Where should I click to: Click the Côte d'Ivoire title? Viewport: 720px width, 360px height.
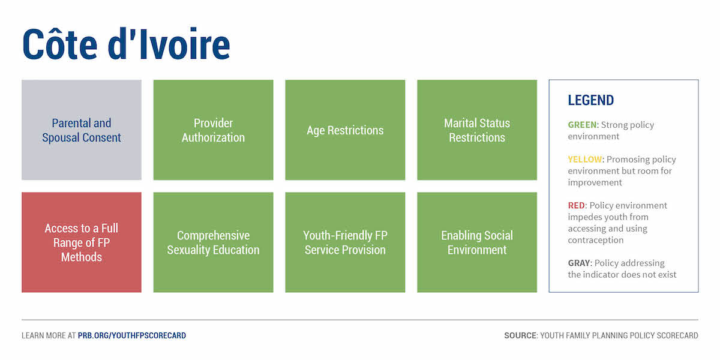127,44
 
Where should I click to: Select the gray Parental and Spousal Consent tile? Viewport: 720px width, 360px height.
82,130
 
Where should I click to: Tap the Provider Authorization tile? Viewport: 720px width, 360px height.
214,130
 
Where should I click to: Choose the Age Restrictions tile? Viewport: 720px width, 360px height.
345,130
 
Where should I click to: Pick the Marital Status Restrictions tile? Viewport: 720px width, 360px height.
477,130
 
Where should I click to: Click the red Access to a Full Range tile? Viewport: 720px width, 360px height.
82,242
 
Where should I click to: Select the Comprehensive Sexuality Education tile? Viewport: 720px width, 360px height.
214,242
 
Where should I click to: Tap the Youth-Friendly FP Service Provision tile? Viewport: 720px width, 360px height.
345,242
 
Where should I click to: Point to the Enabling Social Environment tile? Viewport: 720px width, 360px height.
477,242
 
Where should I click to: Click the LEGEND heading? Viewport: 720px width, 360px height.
591,100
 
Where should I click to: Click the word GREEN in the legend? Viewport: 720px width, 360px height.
582,125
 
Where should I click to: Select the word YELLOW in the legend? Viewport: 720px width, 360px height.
584,160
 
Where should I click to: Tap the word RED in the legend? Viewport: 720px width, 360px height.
577,205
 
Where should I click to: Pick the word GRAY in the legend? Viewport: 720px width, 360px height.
579,263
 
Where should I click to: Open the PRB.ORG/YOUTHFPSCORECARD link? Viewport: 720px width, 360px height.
132,335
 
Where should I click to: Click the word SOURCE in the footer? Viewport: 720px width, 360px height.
520,335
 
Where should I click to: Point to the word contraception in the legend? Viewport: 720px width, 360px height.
596,241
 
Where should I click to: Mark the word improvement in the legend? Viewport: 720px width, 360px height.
595,183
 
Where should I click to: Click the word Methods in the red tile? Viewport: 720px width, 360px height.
82,257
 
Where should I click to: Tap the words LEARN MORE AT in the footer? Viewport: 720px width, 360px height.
49,335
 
